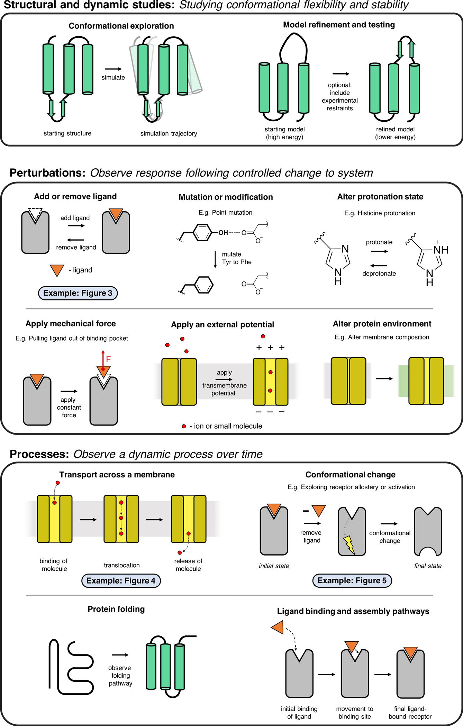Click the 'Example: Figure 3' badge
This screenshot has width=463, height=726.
(78, 293)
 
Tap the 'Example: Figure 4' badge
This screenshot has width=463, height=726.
(121, 580)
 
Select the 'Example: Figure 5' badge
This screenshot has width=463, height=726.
(352, 580)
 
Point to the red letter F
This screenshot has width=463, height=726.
(108, 360)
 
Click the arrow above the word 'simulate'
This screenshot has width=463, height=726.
(113, 69)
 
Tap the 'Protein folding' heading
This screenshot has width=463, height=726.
(116, 609)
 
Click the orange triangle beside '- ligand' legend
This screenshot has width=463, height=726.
(57, 270)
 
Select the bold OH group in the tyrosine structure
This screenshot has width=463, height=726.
(223, 233)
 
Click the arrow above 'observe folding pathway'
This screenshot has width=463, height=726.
(120, 655)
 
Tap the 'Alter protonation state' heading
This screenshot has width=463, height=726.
(380, 197)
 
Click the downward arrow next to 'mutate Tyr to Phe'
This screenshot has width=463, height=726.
(215, 260)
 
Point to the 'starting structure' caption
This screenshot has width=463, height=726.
(67, 133)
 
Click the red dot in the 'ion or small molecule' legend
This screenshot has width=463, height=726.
(184, 426)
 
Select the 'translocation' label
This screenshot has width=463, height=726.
(122, 565)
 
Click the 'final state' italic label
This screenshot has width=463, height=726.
(428, 566)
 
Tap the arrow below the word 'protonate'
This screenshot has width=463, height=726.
(379, 251)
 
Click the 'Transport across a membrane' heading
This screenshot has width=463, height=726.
(117, 475)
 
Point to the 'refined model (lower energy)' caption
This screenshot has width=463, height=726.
(395, 133)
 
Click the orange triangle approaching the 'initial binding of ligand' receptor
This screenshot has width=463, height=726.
(278, 627)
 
